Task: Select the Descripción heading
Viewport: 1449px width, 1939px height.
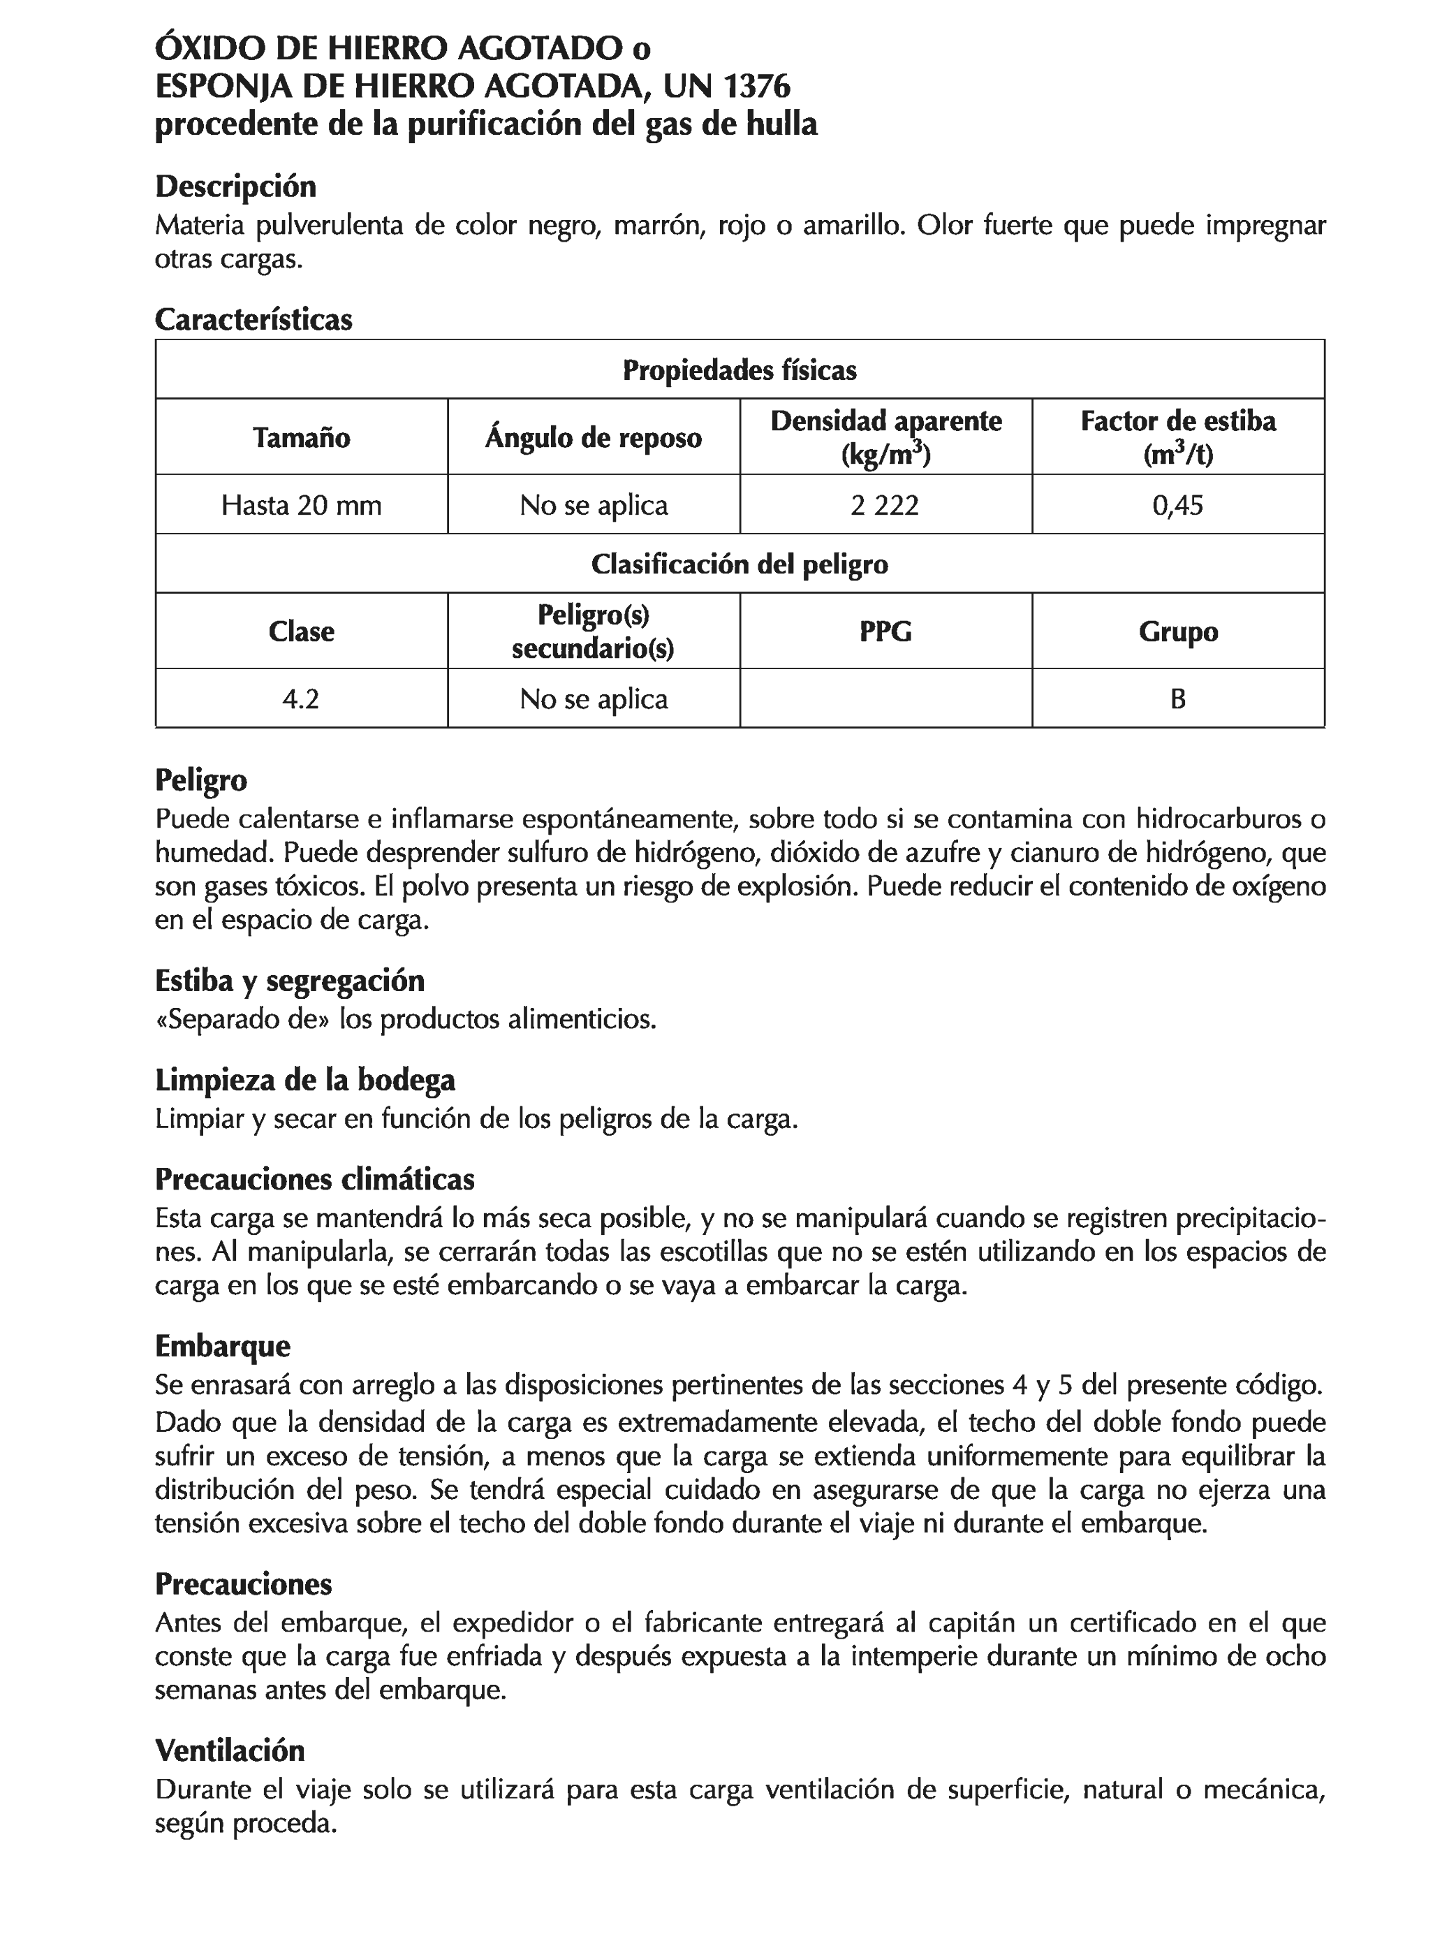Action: [235, 186]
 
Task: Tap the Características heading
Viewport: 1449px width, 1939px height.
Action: [253, 319]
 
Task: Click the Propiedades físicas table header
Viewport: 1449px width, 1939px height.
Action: [739, 370]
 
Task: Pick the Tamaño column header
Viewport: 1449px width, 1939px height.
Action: [302, 437]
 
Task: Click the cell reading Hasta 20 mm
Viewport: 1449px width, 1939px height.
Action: [302, 505]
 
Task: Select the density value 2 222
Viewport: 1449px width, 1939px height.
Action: [885, 505]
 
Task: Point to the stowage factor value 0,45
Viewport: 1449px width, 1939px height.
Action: [1177, 505]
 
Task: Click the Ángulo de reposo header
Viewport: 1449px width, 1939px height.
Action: [594, 437]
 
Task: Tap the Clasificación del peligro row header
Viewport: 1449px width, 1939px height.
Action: [739, 564]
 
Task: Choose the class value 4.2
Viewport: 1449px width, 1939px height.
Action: [301, 698]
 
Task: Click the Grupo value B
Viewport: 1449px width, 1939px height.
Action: [1177, 698]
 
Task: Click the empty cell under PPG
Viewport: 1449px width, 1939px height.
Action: [885, 698]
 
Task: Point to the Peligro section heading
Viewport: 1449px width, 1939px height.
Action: [200, 780]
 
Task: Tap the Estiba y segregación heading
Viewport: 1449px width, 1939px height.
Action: [289, 980]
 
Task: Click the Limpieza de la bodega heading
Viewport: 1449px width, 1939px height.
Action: [305, 1080]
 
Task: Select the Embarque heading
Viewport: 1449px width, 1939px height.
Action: [223, 1345]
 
